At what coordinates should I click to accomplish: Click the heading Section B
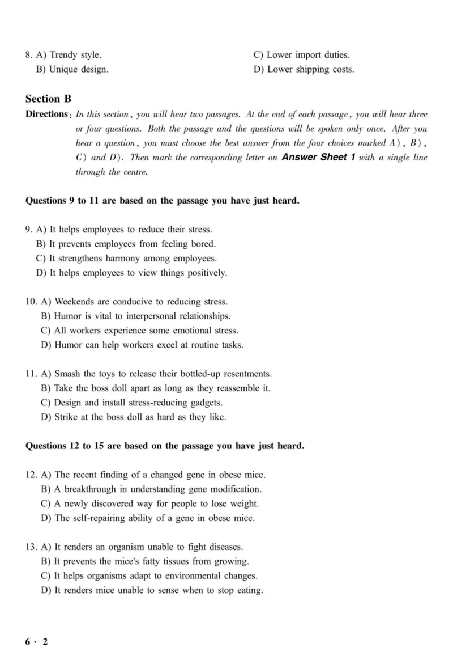pyautogui.click(x=49, y=99)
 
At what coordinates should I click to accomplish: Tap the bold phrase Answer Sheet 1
pyautogui.click(x=318, y=157)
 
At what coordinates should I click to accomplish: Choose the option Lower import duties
pyautogui.click(x=301, y=55)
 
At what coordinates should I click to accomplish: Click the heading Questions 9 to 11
pyautogui.click(x=163, y=200)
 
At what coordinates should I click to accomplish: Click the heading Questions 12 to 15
pyautogui.click(x=165, y=446)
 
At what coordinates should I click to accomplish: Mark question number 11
pyautogui.click(x=31, y=374)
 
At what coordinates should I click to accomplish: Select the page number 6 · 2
pyautogui.click(x=37, y=642)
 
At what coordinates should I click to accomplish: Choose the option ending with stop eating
pyautogui.click(x=152, y=590)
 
